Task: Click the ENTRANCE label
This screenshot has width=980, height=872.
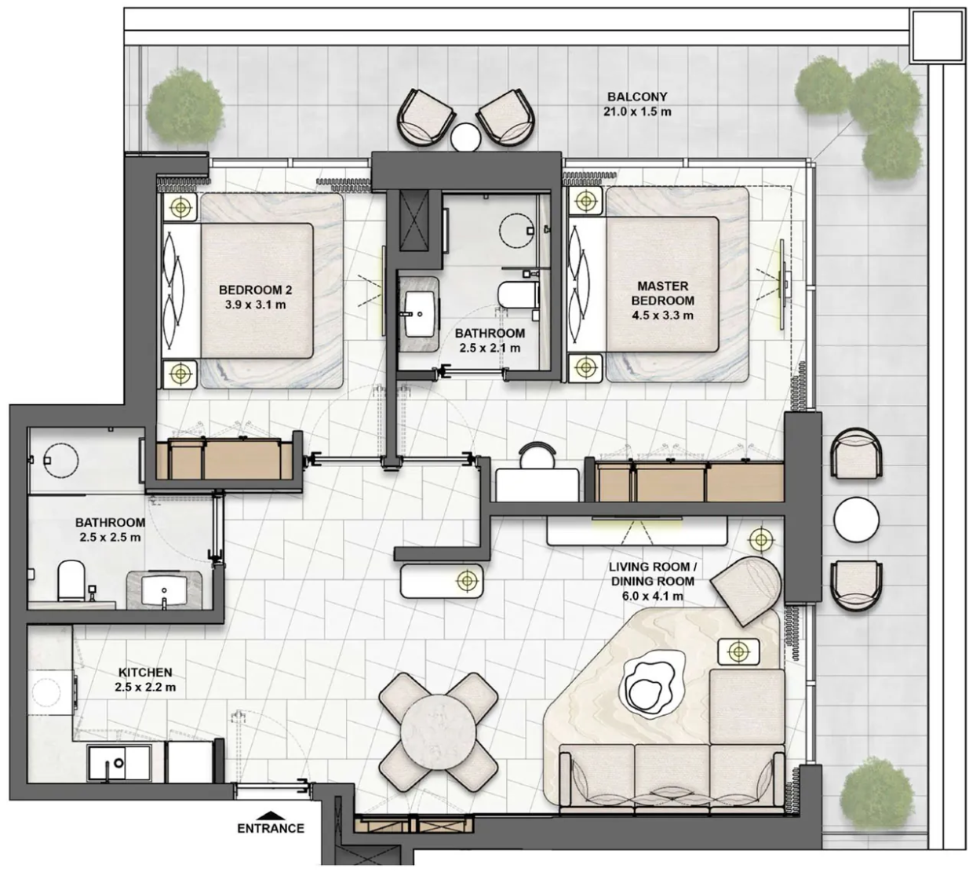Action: point(271,828)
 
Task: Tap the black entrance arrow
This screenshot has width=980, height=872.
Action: point(271,815)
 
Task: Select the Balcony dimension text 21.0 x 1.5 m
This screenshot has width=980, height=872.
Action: point(637,111)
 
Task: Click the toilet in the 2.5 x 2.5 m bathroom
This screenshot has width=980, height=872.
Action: point(71,580)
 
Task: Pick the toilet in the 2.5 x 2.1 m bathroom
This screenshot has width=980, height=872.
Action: point(519,294)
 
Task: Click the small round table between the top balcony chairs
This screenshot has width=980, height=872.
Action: point(465,137)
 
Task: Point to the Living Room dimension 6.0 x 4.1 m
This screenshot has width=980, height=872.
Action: point(652,596)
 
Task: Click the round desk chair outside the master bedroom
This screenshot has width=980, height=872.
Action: point(537,455)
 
